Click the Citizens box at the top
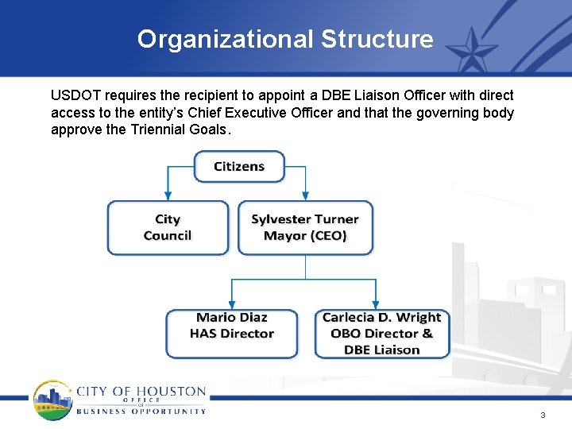click(239, 167)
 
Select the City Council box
click(168, 228)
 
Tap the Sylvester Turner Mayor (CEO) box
click(305, 228)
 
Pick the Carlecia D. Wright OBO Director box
click(381, 334)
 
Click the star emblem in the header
click(473, 49)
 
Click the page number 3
click(543, 415)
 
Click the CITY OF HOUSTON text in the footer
click(141, 392)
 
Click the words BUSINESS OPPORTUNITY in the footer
click(141, 412)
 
